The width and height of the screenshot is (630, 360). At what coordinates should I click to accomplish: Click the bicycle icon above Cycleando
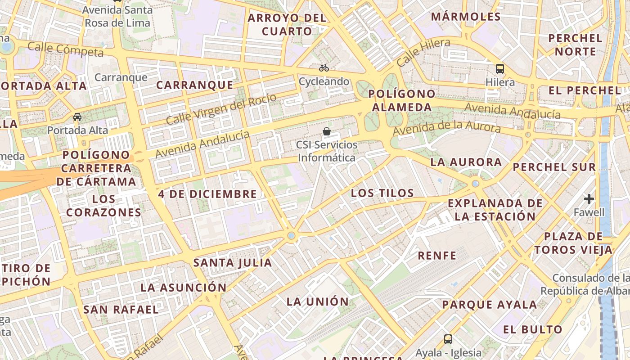(324, 68)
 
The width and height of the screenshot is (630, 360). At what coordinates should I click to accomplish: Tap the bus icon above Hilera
(500, 69)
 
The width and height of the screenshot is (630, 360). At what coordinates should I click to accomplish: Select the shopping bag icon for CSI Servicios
(327, 131)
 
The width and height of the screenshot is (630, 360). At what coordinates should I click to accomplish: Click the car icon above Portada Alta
(77, 117)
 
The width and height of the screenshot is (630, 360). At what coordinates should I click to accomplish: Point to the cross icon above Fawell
(589, 198)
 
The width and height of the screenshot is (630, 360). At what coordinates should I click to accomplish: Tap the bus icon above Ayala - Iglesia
(448, 339)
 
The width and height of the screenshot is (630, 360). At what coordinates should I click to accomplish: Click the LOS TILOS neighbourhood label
(382, 193)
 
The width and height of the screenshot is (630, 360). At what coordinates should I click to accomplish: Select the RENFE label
(437, 256)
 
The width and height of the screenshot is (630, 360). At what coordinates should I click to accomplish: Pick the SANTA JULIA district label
(233, 262)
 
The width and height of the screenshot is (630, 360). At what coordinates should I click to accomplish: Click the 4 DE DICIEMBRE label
(207, 194)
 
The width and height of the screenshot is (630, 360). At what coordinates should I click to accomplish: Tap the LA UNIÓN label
(318, 301)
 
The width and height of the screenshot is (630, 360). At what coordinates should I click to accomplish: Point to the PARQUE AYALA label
(489, 305)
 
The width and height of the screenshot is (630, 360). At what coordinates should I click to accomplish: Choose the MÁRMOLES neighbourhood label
(466, 17)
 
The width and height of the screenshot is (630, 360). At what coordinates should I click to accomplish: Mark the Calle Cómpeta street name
(66, 49)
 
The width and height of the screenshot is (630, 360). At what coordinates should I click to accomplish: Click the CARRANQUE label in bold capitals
(195, 85)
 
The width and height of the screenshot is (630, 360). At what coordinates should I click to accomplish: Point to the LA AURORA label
(466, 162)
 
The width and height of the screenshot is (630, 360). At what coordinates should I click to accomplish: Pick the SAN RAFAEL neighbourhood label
(121, 310)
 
